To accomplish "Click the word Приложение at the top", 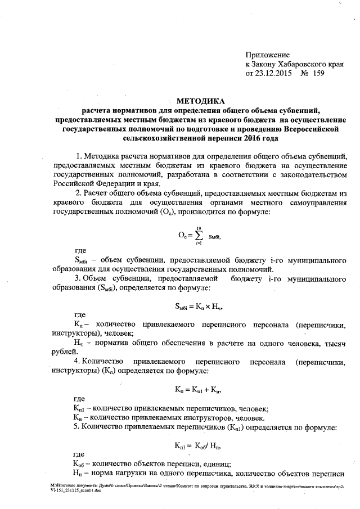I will [x=267, y=55].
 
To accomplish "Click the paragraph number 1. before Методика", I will [x=78, y=155].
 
